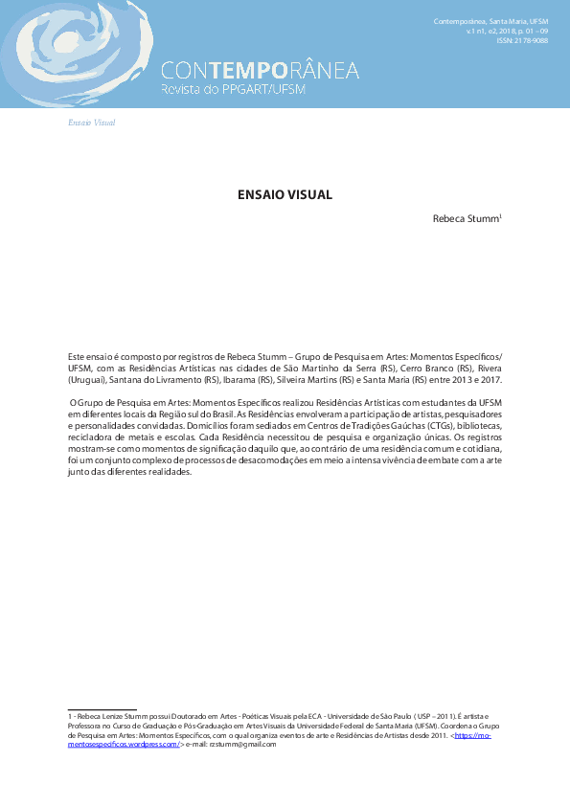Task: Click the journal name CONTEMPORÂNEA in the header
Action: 260,71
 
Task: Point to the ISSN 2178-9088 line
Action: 522,41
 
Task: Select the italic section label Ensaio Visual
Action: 92,123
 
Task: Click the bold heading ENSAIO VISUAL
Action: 285,194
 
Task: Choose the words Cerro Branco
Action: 427,368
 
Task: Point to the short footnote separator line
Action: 96,709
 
